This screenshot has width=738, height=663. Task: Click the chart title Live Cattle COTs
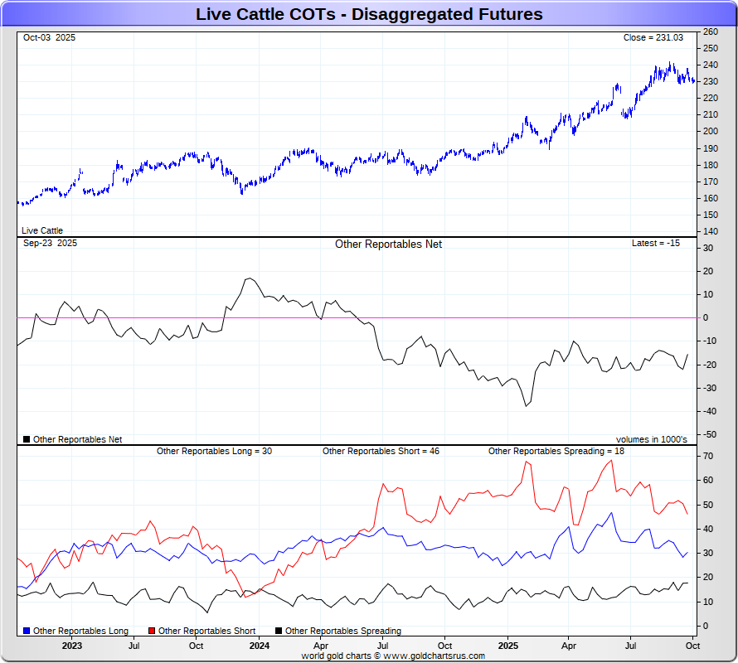pos(369,14)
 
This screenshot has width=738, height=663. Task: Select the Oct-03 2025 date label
pos(50,37)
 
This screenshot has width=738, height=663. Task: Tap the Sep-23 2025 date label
pos(50,243)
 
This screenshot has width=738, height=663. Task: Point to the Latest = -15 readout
pos(655,243)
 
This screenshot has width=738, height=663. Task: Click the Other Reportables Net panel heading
pos(388,244)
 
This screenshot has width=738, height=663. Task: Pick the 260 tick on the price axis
pos(710,31)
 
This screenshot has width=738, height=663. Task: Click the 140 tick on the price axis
pos(710,231)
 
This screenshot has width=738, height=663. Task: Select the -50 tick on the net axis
pos(710,434)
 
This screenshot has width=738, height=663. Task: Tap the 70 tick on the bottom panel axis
pos(709,456)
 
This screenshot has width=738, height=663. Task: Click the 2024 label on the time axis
pos(260,645)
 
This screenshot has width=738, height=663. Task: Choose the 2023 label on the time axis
pos(72,645)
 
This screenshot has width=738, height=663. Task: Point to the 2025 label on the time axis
pos(508,645)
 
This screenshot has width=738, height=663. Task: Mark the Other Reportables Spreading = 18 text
pos(556,451)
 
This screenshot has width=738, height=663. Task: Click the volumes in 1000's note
pos(651,439)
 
